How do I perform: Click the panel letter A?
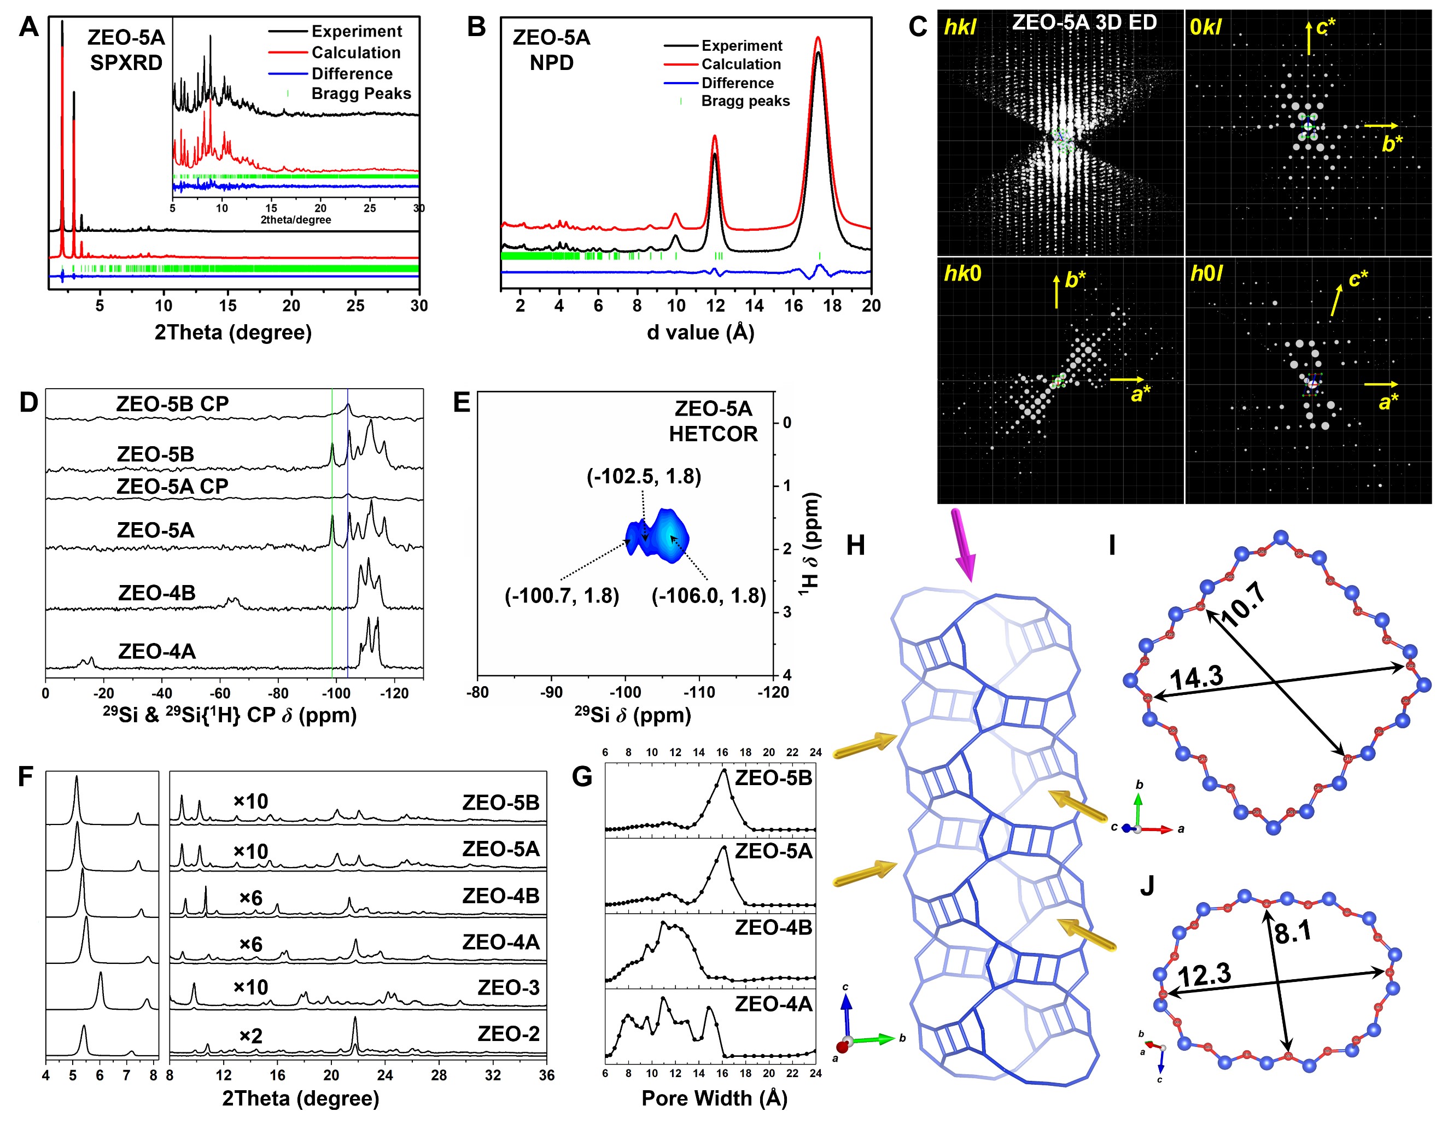[x=28, y=27]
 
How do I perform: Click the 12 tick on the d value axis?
[x=715, y=306]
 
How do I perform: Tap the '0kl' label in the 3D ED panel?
[x=1205, y=27]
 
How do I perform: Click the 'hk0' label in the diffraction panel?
[x=962, y=273]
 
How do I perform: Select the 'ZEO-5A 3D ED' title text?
[x=1084, y=22]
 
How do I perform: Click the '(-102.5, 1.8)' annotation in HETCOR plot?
[x=644, y=476]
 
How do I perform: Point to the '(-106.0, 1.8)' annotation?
[x=709, y=595]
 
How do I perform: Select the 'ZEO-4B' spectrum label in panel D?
[x=156, y=592]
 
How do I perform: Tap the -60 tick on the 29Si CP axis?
[x=219, y=693]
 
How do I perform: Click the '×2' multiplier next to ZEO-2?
[x=250, y=1035]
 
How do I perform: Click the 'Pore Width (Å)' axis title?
[x=714, y=1097]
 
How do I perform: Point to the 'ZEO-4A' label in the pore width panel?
[x=773, y=1004]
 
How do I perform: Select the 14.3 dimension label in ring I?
[x=1196, y=678]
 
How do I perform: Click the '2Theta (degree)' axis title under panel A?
[x=233, y=332]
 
